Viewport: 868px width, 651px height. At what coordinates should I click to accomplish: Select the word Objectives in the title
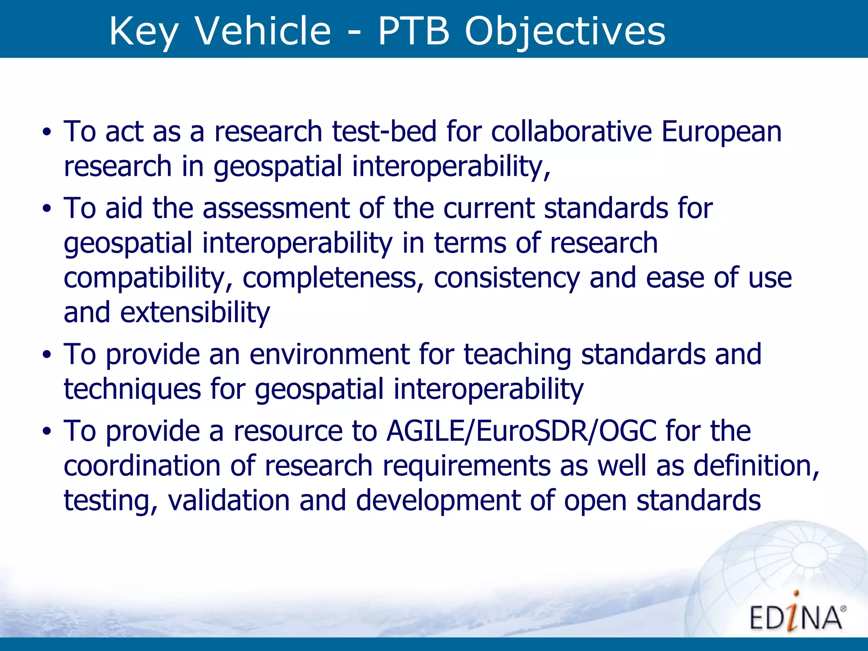565,31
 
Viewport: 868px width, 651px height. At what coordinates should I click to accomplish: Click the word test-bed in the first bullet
384,131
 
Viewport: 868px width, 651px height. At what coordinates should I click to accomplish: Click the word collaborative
571,131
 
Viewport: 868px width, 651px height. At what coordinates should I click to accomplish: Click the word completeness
333,278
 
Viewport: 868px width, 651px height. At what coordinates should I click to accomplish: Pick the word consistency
506,278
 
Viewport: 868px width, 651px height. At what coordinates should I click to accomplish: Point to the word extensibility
195,313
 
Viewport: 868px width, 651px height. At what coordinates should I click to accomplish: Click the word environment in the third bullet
329,354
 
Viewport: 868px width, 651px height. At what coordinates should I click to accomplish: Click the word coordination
142,466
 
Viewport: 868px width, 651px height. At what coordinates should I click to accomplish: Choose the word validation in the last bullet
229,501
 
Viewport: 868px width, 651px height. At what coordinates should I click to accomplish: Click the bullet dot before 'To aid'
47,209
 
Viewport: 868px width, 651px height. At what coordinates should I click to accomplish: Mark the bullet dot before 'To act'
47,132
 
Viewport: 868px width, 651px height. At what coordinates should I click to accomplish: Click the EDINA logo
797,615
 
